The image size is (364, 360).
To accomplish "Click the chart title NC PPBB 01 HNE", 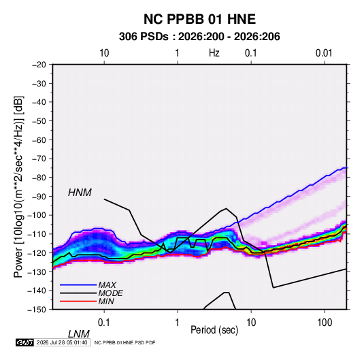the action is pyautogui.click(x=199, y=19).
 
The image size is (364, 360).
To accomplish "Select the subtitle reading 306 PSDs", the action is pyautogui.click(x=144, y=37).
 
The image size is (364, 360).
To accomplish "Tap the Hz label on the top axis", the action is pyautogui.click(x=214, y=53).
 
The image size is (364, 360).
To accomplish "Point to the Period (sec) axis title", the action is pyautogui.click(x=214, y=330).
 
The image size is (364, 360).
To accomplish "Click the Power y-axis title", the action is pyautogui.click(x=18, y=186).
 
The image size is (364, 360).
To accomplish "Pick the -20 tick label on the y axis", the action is pyautogui.click(x=39, y=65).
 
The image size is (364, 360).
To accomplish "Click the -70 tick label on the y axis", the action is pyautogui.click(x=39, y=159).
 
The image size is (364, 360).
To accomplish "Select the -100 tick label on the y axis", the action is pyautogui.click(x=37, y=215).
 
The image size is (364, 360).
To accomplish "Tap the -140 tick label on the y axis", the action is pyautogui.click(x=37, y=291).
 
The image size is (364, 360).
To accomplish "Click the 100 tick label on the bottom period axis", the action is pyautogui.click(x=325, y=323).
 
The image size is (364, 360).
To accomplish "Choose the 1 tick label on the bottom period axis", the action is pyautogui.click(x=178, y=323).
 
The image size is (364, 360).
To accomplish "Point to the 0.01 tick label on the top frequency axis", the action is pyautogui.click(x=324, y=53).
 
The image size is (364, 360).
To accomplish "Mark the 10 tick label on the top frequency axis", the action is pyautogui.click(x=104, y=53).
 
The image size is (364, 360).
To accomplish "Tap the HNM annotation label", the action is pyautogui.click(x=80, y=193).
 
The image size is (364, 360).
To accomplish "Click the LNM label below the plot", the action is pyautogui.click(x=78, y=334).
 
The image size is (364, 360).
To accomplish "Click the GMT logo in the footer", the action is pyautogui.click(x=24, y=342).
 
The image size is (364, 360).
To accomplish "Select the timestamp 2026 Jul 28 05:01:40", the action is pyautogui.click(x=62, y=342).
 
